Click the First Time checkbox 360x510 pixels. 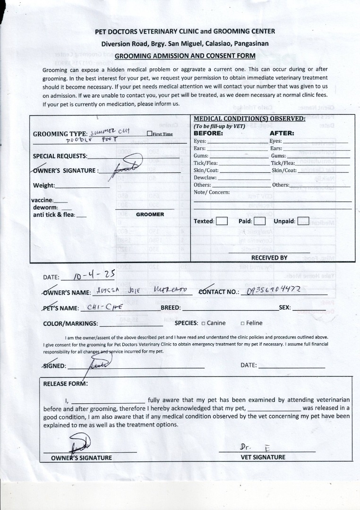[149, 134]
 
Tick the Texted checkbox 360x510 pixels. [222, 221]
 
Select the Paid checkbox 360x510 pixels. [259, 221]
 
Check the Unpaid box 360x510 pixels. [303, 221]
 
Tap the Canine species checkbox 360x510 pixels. [203, 323]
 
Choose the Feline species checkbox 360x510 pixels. [242, 323]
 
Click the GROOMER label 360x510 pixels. [150, 214]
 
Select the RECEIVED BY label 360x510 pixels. [269, 258]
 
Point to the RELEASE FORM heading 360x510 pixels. [65, 383]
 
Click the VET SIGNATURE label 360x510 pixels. [263, 457]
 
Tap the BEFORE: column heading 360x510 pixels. [209, 133]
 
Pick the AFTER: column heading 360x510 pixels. [282, 133]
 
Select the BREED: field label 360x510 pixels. [171, 307]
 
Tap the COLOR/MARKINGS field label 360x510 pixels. [70, 323]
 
